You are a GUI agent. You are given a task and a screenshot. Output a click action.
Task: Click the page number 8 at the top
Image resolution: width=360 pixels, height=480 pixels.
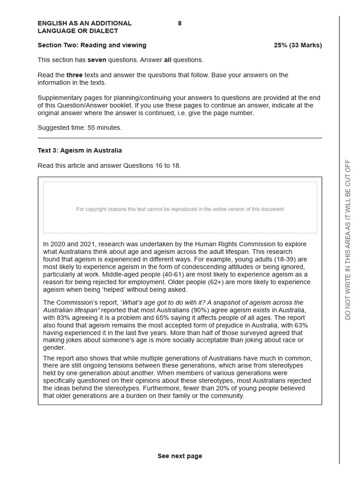tap(180, 23)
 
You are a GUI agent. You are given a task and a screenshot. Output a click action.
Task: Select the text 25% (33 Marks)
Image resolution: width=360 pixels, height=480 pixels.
tap(298, 45)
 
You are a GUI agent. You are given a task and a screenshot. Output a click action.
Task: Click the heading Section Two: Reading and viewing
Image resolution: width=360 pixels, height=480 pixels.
tap(92, 45)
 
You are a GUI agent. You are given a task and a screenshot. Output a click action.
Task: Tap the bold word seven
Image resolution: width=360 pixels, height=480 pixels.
tap(97, 60)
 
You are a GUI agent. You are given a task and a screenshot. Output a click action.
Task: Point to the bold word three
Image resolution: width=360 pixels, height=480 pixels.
tap(74, 75)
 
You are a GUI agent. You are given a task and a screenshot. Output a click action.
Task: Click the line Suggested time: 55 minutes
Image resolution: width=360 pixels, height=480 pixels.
tap(79, 128)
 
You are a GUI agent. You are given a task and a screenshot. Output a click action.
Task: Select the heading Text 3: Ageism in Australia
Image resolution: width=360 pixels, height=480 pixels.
tap(80, 150)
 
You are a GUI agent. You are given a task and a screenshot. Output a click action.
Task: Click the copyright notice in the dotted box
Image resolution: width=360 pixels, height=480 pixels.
tap(180, 210)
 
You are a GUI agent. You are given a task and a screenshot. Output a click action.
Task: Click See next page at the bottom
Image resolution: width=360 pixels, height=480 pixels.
tap(180, 456)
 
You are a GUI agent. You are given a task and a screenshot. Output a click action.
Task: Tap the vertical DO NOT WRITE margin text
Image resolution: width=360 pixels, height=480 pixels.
tap(348, 240)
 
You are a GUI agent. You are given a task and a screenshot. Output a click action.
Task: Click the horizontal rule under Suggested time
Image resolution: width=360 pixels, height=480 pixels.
tap(180, 138)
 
